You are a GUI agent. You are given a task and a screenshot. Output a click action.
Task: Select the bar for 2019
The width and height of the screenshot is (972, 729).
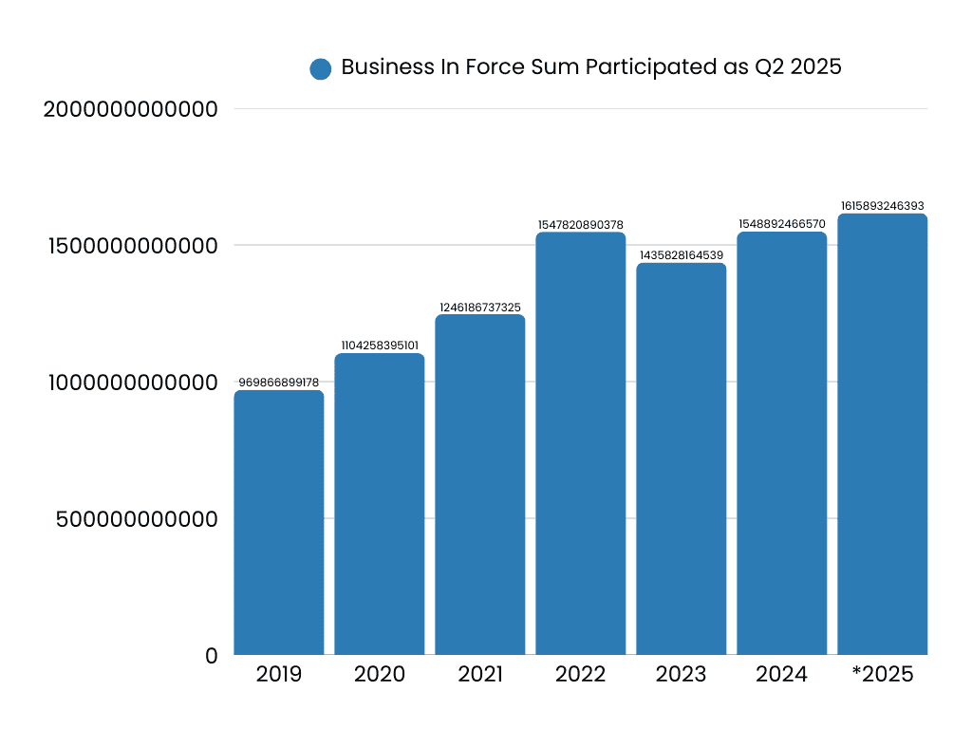[279, 522]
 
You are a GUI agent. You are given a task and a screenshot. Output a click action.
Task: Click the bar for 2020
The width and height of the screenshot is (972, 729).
[380, 504]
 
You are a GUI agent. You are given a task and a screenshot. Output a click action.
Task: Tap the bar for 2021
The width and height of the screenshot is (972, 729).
[480, 484]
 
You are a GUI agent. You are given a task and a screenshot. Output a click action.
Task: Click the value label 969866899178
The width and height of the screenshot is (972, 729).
[279, 382]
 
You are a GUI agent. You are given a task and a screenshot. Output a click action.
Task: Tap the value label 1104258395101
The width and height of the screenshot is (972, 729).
[380, 345]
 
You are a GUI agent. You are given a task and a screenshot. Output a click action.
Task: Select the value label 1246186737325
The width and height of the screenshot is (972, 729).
[480, 307]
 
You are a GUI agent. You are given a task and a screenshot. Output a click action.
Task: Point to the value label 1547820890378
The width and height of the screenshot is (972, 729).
[581, 224]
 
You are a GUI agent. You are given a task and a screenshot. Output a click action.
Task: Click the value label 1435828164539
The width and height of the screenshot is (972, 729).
[682, 254]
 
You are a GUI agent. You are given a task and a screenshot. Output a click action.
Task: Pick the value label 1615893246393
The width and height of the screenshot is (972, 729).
[883, 205]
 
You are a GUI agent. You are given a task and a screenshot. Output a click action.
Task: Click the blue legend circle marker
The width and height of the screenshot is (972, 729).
[321, 68]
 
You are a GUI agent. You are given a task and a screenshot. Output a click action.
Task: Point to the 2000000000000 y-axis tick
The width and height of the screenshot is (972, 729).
[131, 109]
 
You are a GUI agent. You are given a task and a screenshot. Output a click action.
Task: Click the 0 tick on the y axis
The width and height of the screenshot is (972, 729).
[212, 656]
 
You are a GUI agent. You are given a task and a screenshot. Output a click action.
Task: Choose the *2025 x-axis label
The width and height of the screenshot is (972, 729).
[883, 675]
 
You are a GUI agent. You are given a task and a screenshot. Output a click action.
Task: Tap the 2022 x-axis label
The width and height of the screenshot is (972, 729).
[581, 675]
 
